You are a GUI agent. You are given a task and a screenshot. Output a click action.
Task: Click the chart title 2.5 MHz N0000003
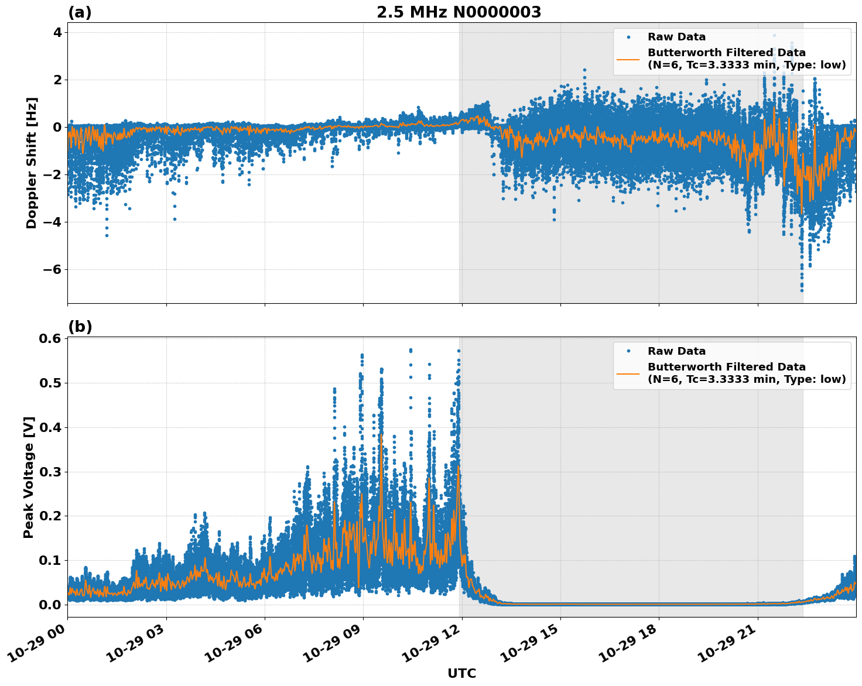[459, 12]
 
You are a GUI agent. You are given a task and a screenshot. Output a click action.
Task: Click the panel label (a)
[80, 12]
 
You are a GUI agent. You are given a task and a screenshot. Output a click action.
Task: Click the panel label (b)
[80, 327]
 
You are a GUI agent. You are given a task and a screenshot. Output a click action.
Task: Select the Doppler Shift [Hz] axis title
[32, 163]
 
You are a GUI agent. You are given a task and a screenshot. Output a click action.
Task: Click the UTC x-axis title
[461, 673]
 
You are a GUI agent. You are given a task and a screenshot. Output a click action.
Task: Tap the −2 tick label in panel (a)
[51, 174]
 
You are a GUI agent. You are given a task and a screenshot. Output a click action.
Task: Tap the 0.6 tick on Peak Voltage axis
[51, 339]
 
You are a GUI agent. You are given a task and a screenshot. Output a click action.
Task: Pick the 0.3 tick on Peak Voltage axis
[51, 472]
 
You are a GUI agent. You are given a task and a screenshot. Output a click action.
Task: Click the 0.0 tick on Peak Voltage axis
[51, 605]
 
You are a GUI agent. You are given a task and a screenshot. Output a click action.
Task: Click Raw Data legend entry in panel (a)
[676, 37]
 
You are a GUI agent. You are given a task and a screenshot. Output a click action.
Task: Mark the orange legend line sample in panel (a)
[628, 59]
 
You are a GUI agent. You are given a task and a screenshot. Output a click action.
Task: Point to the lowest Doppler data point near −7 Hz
[802, 290]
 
